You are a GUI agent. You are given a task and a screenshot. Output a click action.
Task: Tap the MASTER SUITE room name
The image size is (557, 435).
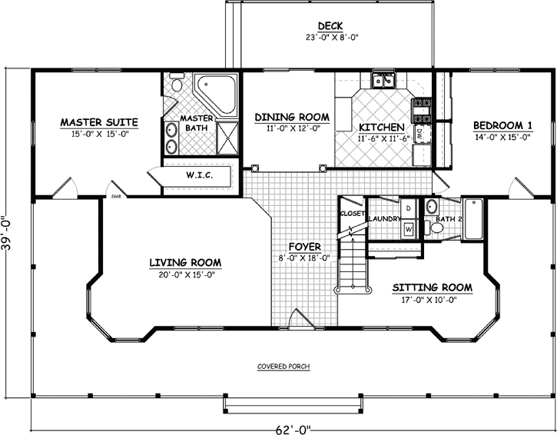[98, 121]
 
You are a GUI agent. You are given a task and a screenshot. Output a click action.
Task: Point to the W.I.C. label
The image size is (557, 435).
[199, 175]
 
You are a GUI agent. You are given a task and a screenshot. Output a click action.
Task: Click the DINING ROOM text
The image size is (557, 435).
[292, 117]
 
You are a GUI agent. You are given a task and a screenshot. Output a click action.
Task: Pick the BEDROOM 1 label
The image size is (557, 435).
[502, 125]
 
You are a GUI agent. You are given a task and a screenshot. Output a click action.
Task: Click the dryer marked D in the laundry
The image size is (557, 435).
[408, 208]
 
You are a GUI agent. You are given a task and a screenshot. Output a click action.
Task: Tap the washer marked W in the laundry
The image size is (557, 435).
[408, 228]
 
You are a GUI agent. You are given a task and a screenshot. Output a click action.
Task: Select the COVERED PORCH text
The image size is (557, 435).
[283, 367]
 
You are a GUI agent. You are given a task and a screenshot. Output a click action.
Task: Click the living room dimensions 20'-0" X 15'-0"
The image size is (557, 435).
[185, 274]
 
